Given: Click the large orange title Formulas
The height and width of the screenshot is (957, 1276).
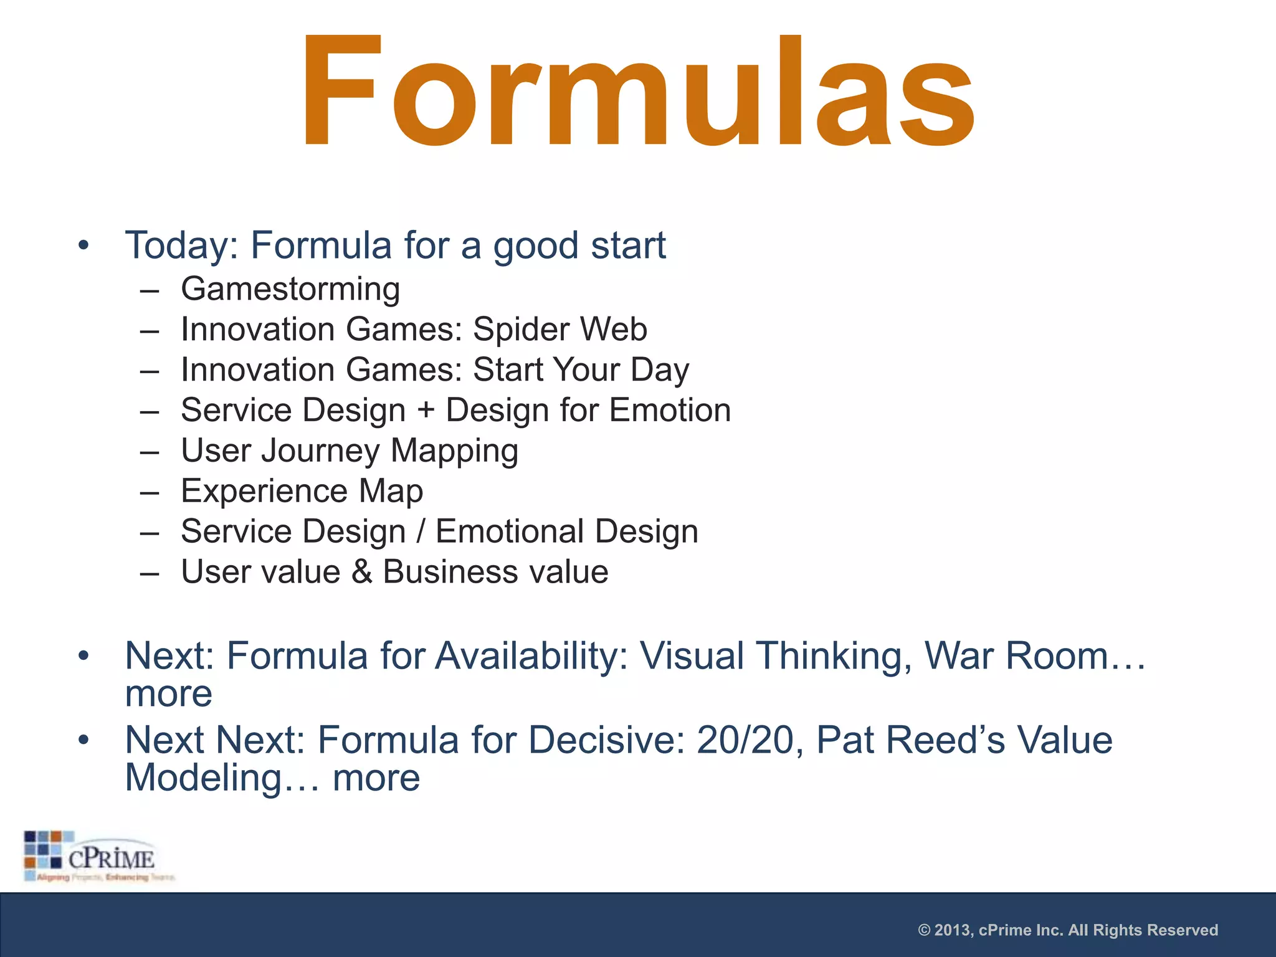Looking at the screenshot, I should pyautogui.click(x=638, y=93).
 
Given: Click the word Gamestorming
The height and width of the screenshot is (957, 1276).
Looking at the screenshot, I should pyautogui.click(x=290, y=290).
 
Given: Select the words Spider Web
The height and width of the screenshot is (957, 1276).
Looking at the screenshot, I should pyautogui.click(x=559, y=330).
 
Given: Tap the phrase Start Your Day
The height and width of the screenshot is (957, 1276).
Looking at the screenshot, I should pyautogui.click(x=581, y=370).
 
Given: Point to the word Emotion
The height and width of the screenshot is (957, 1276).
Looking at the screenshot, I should pyautogui.click(x=670, y=411).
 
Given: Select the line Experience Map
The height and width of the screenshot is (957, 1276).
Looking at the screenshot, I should pyautogui.click(x=302, y=492).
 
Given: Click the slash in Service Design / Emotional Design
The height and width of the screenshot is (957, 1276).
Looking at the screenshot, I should pyautogui.click(x=421, y=532).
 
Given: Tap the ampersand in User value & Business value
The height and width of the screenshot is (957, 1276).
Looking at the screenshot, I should pyautogui.click(x=361, y=573).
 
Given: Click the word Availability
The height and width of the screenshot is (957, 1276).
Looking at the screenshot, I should pyautogui.click(x=531, y=656).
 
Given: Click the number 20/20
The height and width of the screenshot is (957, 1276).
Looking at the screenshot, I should pyautogui.click(x=745, y=740).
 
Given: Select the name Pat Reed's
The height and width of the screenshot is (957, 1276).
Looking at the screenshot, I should pyautogui.click(x=910, y=740).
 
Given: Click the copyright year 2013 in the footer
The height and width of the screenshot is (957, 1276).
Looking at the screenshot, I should pyautogui.click(x=953, y=930).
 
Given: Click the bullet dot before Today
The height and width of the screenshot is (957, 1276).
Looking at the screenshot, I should pyautogui.click(x=83, y=245).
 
